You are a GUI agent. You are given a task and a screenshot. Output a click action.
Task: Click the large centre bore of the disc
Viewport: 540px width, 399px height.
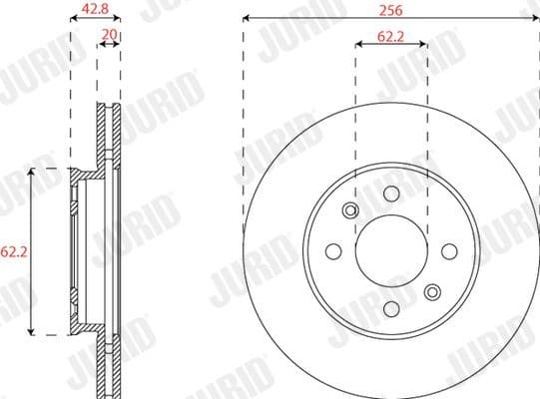click(x=391, y=250)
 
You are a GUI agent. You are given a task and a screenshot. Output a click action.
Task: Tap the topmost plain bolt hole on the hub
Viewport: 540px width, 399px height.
click(x=391, y=193)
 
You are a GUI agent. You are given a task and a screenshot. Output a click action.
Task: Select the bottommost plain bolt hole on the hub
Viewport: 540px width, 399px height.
click(x=391, y=308)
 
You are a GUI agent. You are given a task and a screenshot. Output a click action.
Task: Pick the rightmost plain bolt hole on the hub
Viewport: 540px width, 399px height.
click(x=449, y=250)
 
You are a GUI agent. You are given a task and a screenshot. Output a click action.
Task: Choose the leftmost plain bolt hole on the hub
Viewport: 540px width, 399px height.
click(x=333, y=250)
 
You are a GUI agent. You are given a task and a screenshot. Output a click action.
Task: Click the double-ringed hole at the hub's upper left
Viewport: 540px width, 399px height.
click(x=350, y=209)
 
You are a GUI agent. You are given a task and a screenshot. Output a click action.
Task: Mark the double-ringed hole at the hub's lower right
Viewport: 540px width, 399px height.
click(x=432, y=291)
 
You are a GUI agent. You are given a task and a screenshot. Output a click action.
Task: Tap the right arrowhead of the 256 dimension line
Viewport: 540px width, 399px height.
click(x=536, y=19)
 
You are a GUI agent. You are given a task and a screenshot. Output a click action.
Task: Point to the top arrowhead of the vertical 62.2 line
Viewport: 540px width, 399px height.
click(x=34, y=173)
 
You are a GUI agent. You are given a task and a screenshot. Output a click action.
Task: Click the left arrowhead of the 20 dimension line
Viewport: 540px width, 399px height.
click(x=100, y=44)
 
